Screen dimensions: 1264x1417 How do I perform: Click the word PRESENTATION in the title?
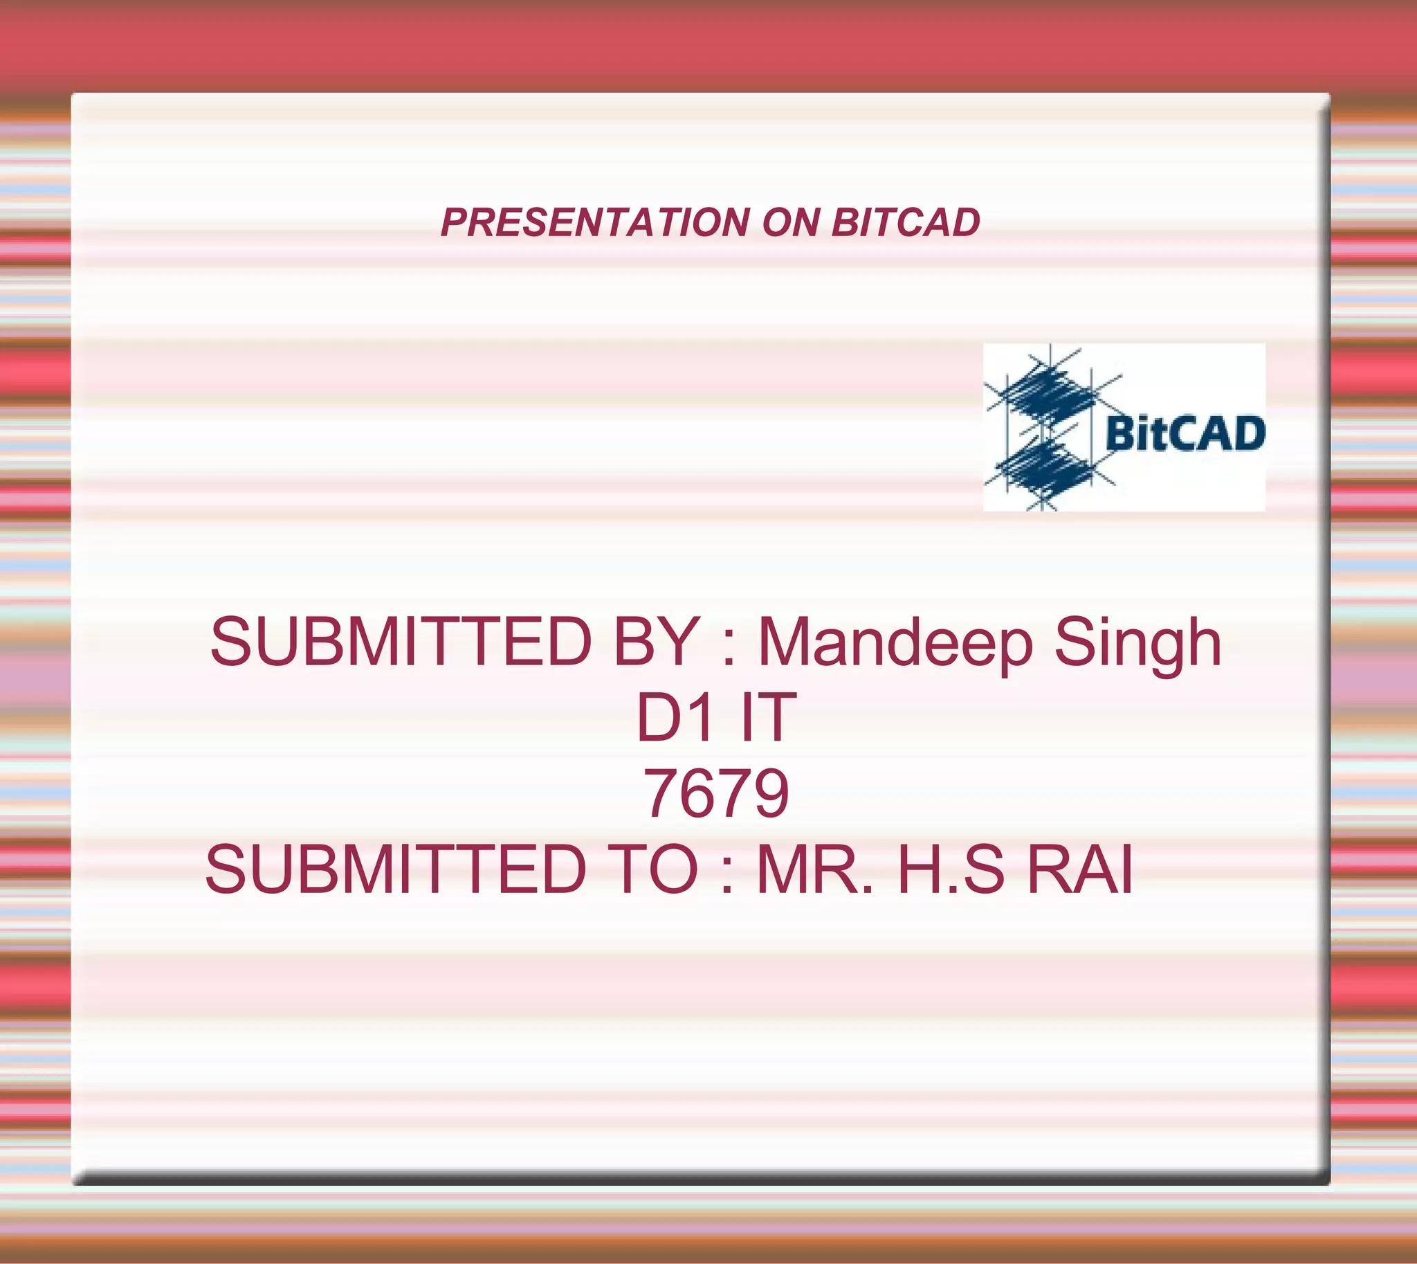pos(595,222)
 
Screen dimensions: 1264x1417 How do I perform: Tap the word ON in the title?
pos(790,222)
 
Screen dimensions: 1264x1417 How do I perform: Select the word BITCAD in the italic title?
pos(905,222)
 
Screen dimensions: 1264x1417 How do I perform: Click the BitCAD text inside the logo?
pos(1185,433)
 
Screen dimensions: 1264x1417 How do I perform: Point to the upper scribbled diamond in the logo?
pos(1045,396)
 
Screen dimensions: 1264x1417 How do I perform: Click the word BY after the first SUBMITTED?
pos(655,642)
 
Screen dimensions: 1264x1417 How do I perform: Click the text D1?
pos(675,718)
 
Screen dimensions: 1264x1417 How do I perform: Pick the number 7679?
pos(716,793)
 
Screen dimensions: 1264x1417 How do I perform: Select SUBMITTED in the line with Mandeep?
pos(401,642)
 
